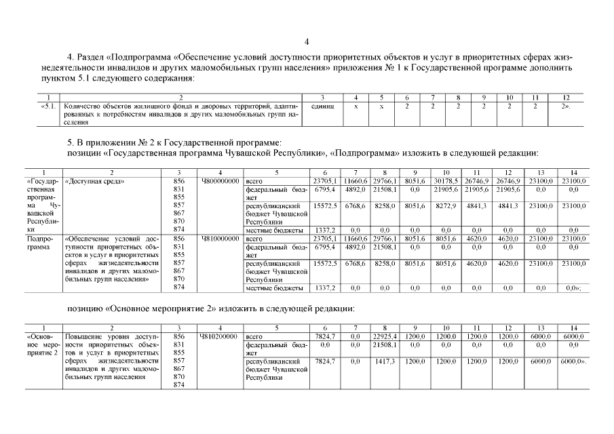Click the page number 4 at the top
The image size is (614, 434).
pos(307,41)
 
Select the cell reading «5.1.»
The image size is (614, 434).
pos(50,106)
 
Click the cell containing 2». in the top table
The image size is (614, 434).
pos(564,106)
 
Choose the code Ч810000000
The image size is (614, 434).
pos(220,239)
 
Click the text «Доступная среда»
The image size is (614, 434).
pos(98,182)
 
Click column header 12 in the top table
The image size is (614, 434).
pos(564,98)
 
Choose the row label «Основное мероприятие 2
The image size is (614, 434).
pos(43,344)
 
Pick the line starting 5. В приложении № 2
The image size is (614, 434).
pos(173,142)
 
